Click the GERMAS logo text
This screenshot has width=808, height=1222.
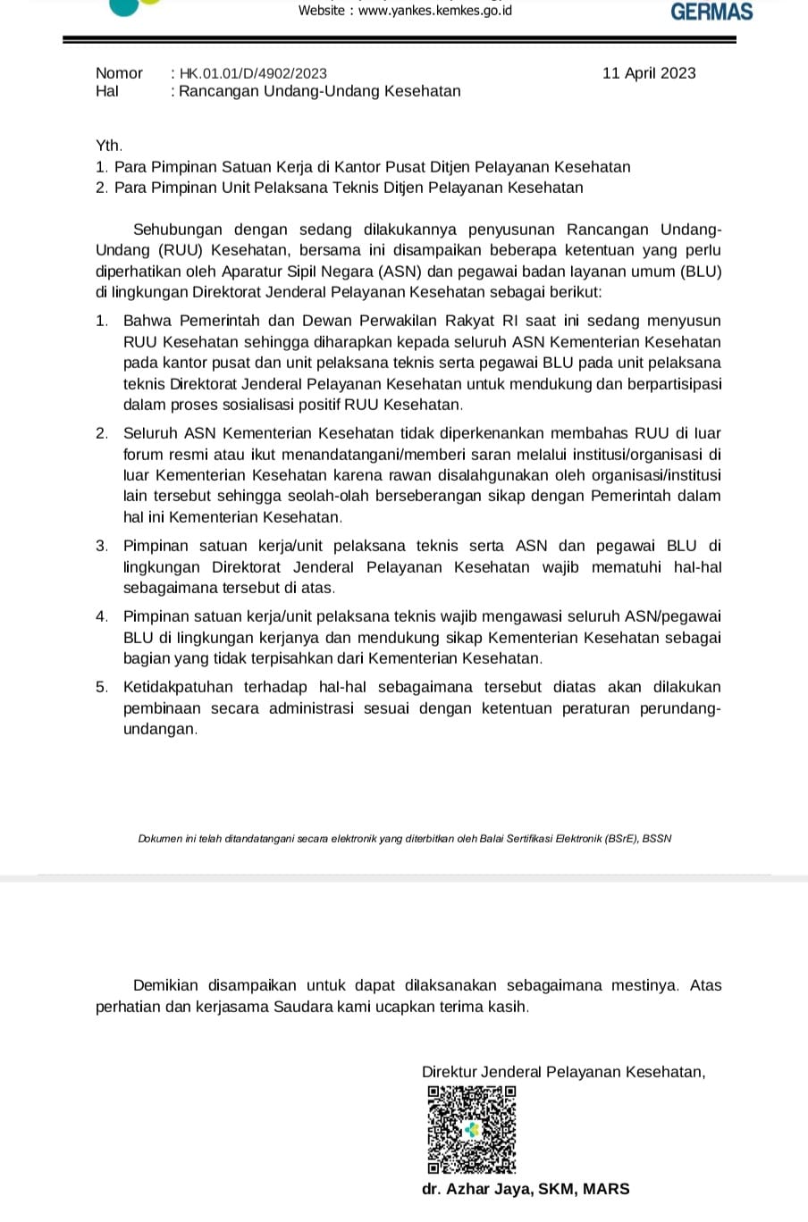711,12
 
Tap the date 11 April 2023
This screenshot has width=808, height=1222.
649,73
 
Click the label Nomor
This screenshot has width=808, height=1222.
119,73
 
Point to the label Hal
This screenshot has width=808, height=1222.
106,91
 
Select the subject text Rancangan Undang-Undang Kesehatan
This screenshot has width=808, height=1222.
320,91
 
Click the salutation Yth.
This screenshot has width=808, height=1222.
108,145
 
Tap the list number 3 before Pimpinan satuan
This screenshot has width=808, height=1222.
102,546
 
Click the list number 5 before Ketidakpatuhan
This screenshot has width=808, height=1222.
102,687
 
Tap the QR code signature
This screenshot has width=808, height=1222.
471,1129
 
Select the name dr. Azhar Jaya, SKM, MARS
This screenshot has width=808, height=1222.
526,1189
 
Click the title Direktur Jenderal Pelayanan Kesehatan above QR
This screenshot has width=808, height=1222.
563,1072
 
